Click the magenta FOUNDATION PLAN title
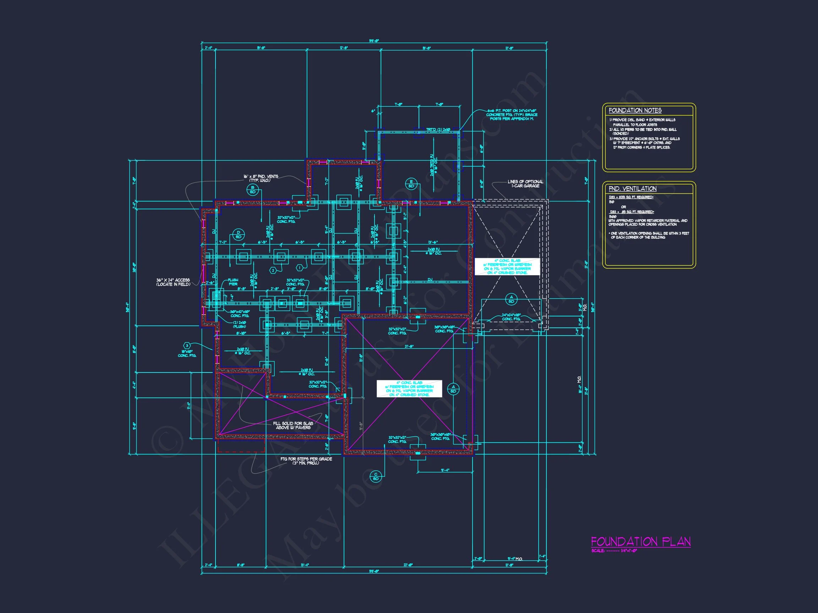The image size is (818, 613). (x=640, y=542)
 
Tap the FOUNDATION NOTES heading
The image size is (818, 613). (x=635, y=110)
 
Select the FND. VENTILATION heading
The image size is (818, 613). (x=633, y=189)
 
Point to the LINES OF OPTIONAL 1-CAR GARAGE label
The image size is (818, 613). (x=525, y=184)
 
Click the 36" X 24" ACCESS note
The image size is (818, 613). (x=173, y=282)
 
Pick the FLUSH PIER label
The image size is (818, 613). (x=233, y=282)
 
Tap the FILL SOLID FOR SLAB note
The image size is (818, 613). (x=293, y=425)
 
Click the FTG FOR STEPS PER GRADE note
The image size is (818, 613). (x=306, y=461)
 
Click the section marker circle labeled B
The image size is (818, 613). (x=252, y=190)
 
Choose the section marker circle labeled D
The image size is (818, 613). (x=239, y=234)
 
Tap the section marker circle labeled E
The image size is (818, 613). (x=411, y=184)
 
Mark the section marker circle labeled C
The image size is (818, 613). (x=376, y=476)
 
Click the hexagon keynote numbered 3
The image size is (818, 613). (x=187, y=346)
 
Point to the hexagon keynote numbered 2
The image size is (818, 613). (x=273, y=270)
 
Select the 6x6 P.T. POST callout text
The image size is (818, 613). (x=512, y=115)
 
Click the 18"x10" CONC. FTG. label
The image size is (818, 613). (x=187, y=353)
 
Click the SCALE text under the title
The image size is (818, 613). (x=614, y=551)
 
